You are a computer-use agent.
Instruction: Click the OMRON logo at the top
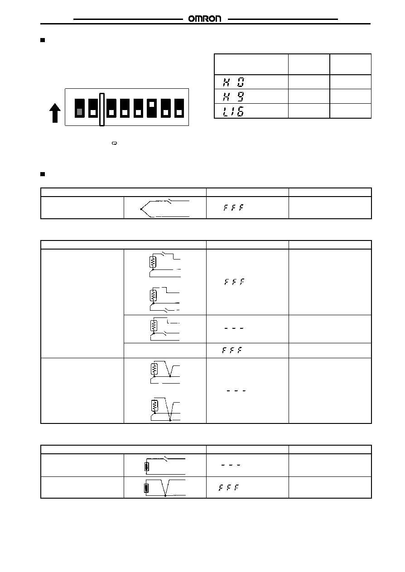pyautogui.click(x=205, y=19)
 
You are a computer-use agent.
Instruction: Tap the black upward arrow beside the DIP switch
pyautogui.click(x=55, y=113)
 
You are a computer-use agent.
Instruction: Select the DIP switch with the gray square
pyautogui.click(x=79, y=108)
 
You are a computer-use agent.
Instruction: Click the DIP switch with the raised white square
pyautogui.click(x=152, y=108)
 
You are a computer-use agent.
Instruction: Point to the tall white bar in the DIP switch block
pyautogui.click(x=102, y=110)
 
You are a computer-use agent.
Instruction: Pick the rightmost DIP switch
pyautogui.click(x=179, y=108)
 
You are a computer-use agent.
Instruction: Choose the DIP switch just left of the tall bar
pyautogui.click(x=93, y=108)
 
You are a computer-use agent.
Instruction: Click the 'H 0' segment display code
pyautogui.click(x=233, y=82)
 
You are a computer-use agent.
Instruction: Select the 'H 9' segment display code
pyautogui.click(x=233, y=96)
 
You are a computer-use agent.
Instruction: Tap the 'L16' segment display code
pyautogui.click(x=233, y=111)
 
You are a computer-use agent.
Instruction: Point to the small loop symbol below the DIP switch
pyautogui.click(x=115, y=143)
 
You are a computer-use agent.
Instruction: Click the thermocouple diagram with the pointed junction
pyautogui.click(x=165, y=208)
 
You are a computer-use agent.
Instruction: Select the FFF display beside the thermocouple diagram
pyautogui.click(x=233, y=207)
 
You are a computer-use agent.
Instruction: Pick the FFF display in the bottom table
pyautogui.click(x=228, y=487)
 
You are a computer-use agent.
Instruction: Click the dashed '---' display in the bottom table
pyautogui.click(x=231, y=465)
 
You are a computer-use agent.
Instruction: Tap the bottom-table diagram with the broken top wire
pyautogui.click(x=165, y=466)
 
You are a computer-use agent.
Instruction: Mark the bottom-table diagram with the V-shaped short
pyautogui.click(x=165, y=488)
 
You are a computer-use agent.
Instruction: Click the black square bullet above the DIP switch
pyautogui.click(x=43, y=40)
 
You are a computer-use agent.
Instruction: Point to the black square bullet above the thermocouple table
pyautogui.click(x=43, y=174)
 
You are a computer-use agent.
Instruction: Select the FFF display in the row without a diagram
pyautogui.click(x=232, y=350)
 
